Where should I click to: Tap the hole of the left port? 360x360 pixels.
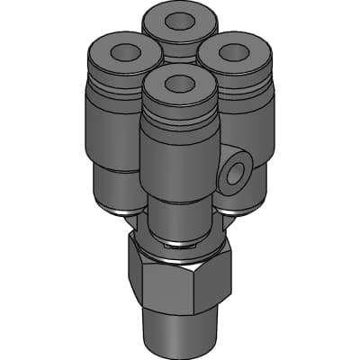[117, 49]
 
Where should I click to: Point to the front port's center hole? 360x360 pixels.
[177, 82]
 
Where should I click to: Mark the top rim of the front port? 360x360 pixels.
[158, 89]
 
